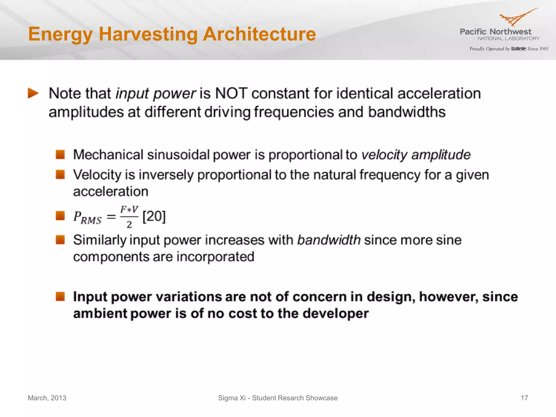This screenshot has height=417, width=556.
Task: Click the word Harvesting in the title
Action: pos(148,34)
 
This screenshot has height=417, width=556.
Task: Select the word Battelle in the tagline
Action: pos(519,49)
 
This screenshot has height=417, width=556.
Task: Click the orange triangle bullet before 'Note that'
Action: pos(33,93)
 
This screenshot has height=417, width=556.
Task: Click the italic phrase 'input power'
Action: pos(156,94)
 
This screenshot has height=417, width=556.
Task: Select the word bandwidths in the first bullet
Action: pos(407,112)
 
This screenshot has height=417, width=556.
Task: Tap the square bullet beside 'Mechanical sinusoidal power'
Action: pos(60,154)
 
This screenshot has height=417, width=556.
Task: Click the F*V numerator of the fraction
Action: pos(129,210)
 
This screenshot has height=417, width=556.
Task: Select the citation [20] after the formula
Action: pos(154,217)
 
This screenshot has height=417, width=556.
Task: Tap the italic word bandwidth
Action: pos(329,240)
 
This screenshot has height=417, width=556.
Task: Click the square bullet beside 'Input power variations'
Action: pos(60,296)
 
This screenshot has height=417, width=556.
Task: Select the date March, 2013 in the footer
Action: pos(47,398)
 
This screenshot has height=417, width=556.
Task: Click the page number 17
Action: pos(524,398)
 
